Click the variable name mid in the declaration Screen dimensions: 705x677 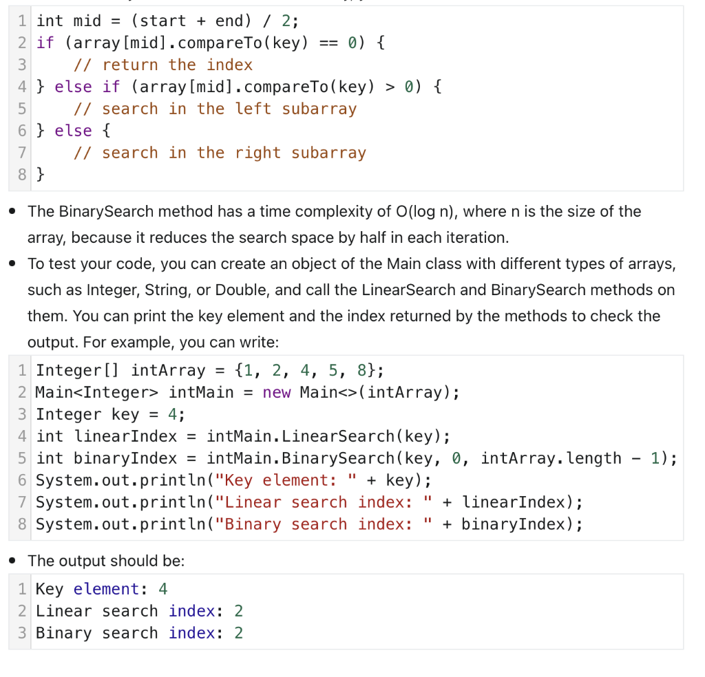87,21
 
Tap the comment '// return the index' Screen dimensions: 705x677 163,65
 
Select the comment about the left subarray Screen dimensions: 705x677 215,109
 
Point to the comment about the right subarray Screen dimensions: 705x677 220,153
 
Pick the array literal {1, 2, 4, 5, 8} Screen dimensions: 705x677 304,370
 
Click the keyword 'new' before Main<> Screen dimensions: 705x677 277,392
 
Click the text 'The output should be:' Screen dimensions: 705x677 106,561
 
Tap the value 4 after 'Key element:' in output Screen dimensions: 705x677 163,589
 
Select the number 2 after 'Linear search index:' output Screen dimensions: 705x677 239,611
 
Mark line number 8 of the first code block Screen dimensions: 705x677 23,175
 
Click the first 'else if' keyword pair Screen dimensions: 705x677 87,87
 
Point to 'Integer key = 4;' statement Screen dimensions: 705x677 110,414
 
